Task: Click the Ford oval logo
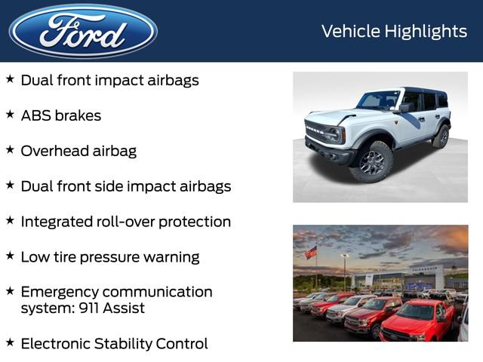[x=83, y=32]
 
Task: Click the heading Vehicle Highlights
[x=394, y=31]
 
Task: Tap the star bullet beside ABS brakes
[x=10, y=115]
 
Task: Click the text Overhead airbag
[x=78, y=151]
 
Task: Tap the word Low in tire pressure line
[x=34, y=257]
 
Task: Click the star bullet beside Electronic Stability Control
[x=10, y=343]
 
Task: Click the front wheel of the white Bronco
[x=371, y=161]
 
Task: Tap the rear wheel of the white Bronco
[x=441, y=137]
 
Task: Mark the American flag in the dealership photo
[x=311, y=253]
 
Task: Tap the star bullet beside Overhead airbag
[x=10, y=150]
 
